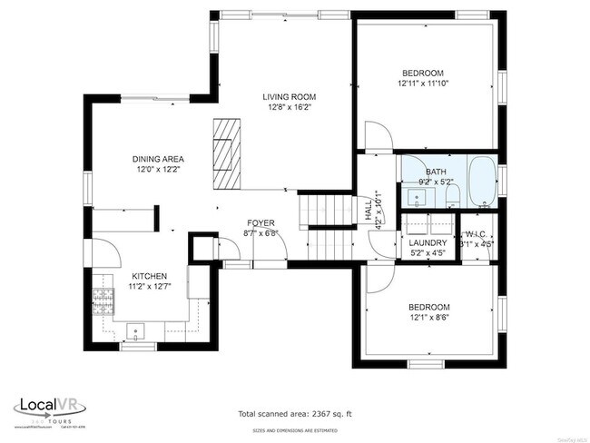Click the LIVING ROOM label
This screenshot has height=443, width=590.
(x=289, y=97)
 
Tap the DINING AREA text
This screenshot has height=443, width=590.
(x=159, y=159)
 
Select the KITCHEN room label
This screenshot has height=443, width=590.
(x=150, y=276)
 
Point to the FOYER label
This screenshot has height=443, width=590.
(x=261, y=223)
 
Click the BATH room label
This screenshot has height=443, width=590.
(x=436, y=172)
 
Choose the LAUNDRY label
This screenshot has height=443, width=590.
(x=427, y=243)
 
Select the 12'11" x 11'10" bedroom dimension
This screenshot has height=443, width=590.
(x=422, y=84)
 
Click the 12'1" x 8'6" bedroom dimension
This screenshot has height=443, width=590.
(x=428, y=318)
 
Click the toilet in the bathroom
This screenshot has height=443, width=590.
(x=452, y=195)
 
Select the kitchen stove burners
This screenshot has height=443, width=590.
(x=103, y=300)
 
